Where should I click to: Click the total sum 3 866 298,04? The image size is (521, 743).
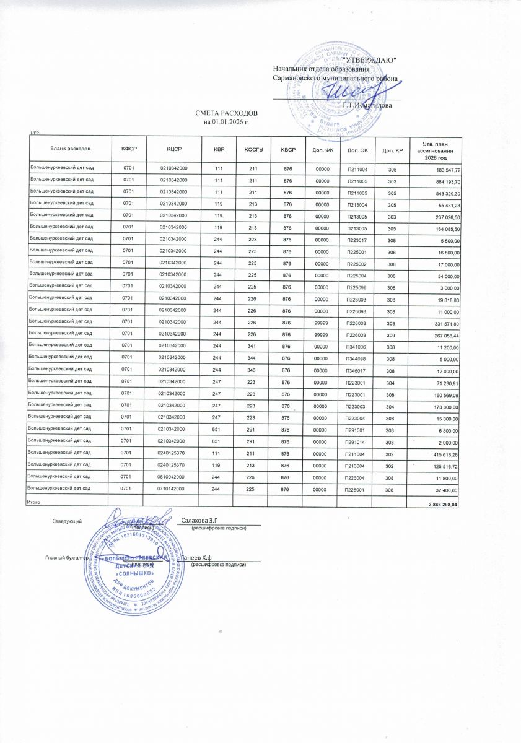[440, 506]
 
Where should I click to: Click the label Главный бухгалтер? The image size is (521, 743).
[65, 558]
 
